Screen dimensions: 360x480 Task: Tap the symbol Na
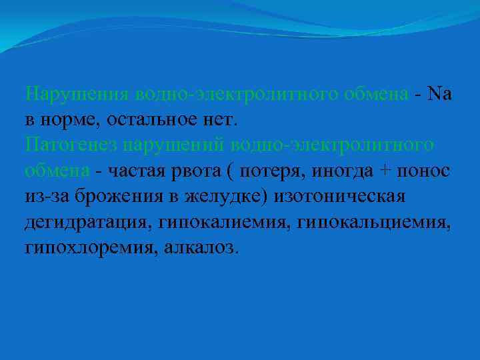[441, 95]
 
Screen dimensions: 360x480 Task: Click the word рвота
[199, 171]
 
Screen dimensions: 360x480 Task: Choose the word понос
[426, 171]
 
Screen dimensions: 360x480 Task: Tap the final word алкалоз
[199, 247]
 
